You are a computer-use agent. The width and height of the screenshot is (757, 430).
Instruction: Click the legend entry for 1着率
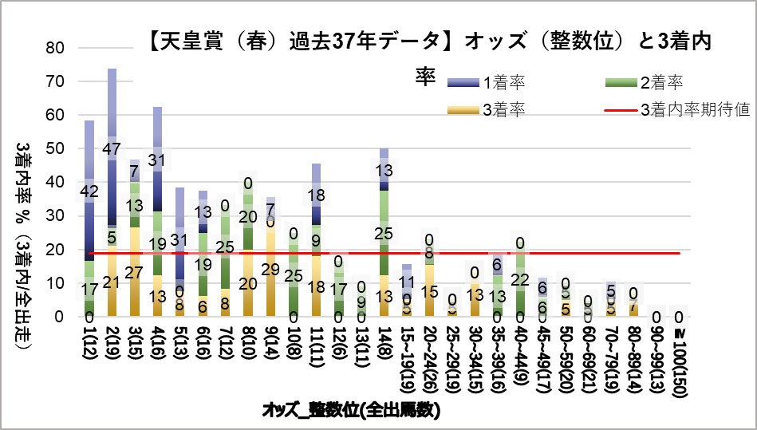tap(503, 82)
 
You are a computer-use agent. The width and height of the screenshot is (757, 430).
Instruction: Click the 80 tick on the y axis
tap(55, 48)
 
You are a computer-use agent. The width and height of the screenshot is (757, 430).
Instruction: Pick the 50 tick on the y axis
tap(55, 148)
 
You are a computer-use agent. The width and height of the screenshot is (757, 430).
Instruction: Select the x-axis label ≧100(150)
tap(678, 359)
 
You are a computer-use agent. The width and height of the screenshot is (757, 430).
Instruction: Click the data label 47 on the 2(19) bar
tap(112, 148)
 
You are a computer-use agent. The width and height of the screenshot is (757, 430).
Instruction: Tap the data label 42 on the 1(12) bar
tap(89, 191)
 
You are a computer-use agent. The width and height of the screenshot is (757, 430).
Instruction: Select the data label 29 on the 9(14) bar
tap(270, 269)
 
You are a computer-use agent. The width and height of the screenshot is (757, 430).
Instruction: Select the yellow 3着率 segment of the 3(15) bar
tap(135, 271)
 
